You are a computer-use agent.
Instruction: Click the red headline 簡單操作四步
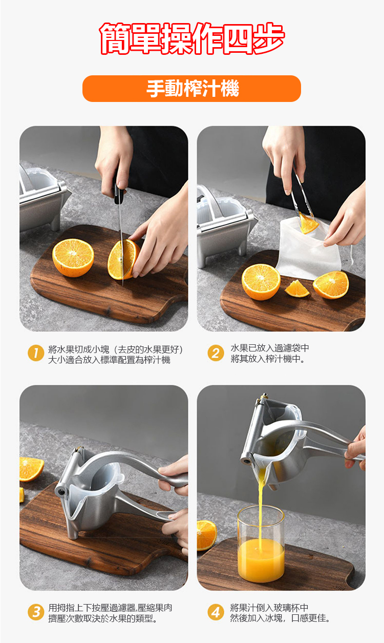192,39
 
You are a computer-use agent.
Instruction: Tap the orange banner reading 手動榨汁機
191,89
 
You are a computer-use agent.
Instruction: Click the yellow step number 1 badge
36,353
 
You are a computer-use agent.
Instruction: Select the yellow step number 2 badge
216,353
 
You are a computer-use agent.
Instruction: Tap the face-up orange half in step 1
73,258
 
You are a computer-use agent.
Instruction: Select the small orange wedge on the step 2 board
297,289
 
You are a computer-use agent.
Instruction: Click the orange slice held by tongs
308,223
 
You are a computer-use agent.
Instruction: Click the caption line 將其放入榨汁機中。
268,359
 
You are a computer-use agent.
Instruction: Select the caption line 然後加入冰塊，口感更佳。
280,618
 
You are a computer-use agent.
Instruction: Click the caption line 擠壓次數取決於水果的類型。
103,618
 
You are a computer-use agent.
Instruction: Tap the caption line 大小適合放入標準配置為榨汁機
109,360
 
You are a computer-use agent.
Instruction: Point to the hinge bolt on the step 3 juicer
61,492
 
